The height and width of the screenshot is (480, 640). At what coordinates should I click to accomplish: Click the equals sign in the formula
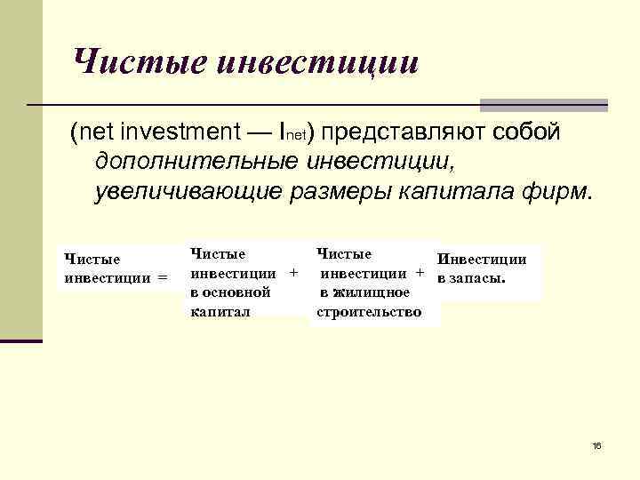(x=162, y=277)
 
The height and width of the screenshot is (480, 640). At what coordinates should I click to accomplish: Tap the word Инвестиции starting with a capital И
(x=483, y=260)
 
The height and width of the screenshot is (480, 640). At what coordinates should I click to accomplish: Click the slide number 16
(x=596, y=444)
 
